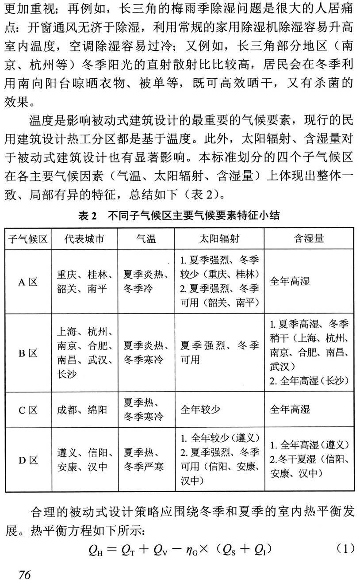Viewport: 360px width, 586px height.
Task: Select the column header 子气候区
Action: point(28,239)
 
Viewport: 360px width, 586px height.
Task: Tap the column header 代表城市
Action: point(84,239)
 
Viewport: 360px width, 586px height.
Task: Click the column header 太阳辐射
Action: point(219,239)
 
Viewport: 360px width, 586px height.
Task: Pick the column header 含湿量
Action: point(309,239)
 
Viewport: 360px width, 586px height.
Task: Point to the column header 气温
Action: point(146,239)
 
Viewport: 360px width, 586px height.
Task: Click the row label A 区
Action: point(28,282)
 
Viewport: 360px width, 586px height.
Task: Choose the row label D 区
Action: point(28,460)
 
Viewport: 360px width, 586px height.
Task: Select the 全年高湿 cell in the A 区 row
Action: point(290,282)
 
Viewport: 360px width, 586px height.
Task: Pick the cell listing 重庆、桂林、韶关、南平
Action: point(84,282)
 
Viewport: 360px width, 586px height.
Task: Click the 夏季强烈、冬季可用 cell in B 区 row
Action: point(220,352)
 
